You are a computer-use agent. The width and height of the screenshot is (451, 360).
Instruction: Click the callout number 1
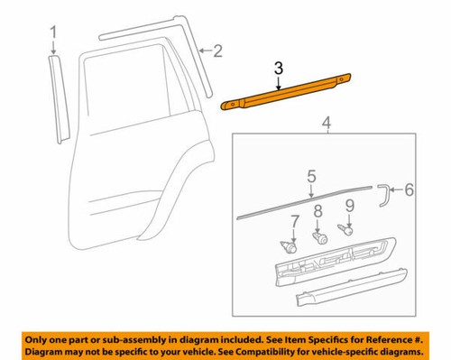(x=53, y=36)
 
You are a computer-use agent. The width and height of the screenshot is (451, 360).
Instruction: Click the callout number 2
(x=217, y=51)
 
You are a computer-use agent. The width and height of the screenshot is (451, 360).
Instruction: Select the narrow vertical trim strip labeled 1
(x=57, y=95)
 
